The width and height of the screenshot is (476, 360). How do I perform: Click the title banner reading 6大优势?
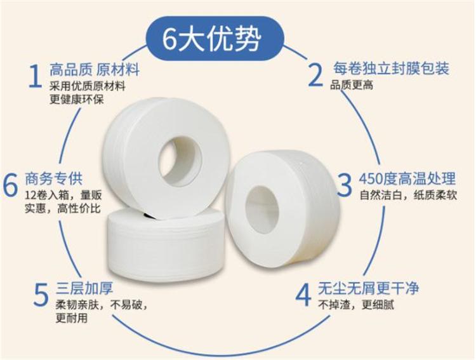point(215,38)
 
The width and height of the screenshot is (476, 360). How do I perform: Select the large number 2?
point(315,75)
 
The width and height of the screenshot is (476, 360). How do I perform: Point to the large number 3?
point(344,184)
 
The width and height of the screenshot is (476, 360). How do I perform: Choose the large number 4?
point(303,295)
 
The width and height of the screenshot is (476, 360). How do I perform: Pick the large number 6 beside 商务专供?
point(10,184)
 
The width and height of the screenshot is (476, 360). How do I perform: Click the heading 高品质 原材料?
point(95,70)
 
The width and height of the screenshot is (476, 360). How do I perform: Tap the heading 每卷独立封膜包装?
point(391,69)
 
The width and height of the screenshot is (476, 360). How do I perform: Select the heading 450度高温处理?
point(407,178)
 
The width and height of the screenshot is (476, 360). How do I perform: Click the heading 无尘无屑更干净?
point(369,288)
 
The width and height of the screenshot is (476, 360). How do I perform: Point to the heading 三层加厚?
point(84,288)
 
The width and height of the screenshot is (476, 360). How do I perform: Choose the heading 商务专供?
point(53,178)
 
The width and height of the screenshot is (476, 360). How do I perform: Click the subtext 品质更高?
point(352,85)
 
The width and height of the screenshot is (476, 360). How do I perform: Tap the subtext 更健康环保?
point(77,99)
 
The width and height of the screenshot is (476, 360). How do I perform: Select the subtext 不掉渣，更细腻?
point(356,304)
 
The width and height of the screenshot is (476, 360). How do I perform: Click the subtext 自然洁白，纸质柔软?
point(408,195)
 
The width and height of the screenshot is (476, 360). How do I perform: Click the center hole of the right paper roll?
point(261,210)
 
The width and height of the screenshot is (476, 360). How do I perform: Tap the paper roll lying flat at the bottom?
point(166,244)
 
